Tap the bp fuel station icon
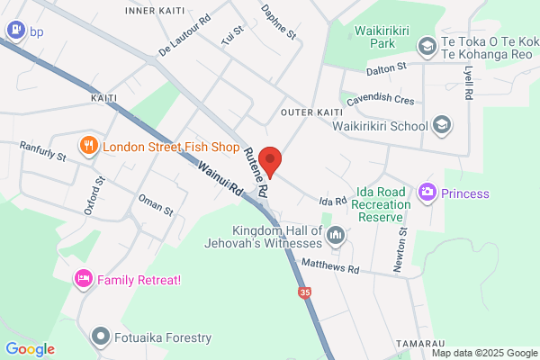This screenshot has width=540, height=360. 14,30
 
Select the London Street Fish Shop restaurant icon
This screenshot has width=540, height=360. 88,146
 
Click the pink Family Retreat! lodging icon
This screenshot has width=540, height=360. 84,279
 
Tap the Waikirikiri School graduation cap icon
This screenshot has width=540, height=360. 442,126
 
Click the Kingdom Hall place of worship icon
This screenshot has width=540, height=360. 337,236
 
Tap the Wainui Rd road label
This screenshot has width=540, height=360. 221,177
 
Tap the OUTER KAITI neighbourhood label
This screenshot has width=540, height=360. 309,112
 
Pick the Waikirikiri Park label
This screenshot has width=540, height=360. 382,36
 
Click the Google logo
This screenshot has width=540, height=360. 31,349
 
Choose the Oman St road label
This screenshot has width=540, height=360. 155,204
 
